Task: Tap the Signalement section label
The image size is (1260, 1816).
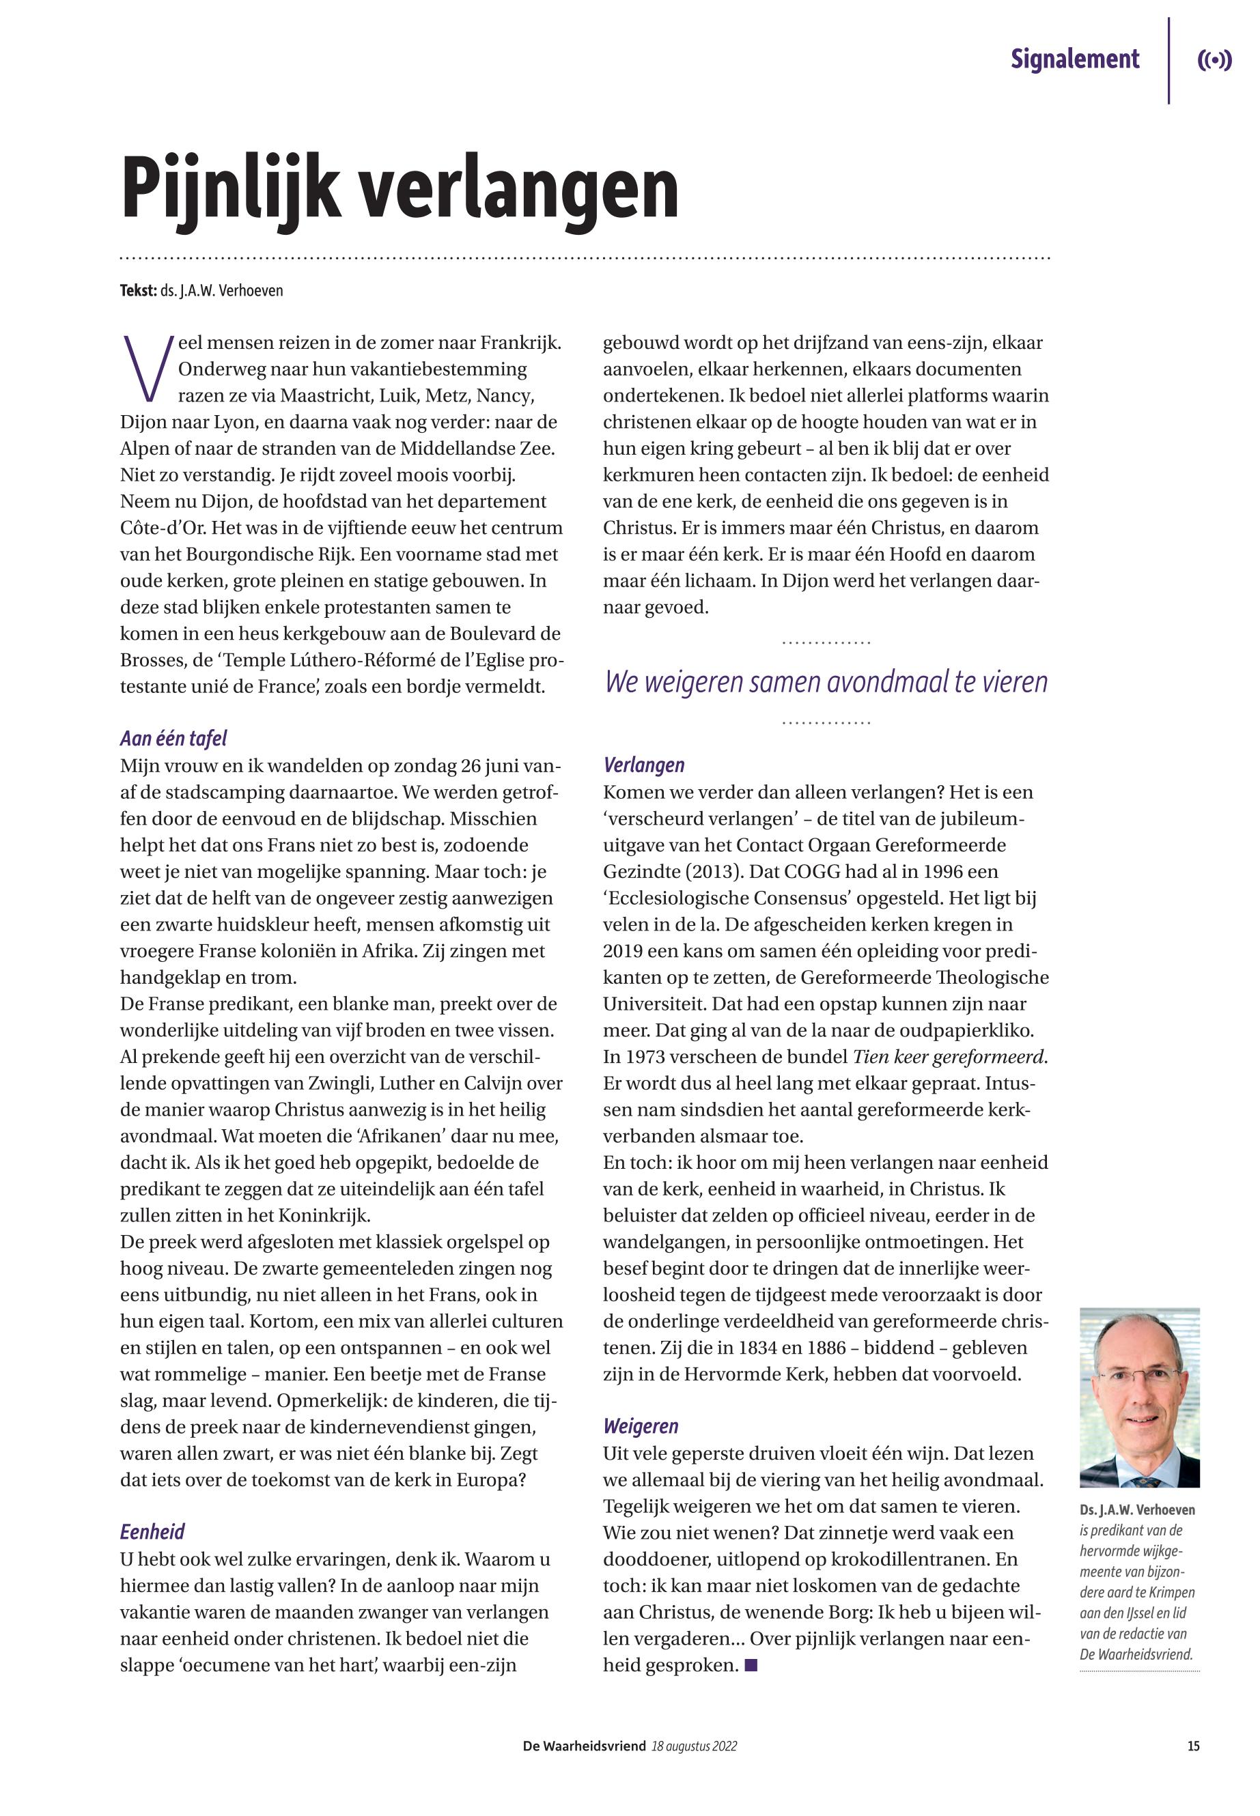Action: point(1074,59)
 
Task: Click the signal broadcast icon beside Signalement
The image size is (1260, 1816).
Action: point(1214,61)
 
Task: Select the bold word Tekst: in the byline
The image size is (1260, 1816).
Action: point(138,290)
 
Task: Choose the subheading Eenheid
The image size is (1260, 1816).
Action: point(152,1532)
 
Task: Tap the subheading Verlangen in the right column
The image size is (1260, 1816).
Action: point(643,765)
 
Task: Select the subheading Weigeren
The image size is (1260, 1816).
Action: point(641,1426)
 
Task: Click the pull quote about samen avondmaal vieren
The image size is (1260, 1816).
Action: point(826,682)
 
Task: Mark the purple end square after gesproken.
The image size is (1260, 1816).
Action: point(750,1666)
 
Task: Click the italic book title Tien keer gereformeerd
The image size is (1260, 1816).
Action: point(950,1057)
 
